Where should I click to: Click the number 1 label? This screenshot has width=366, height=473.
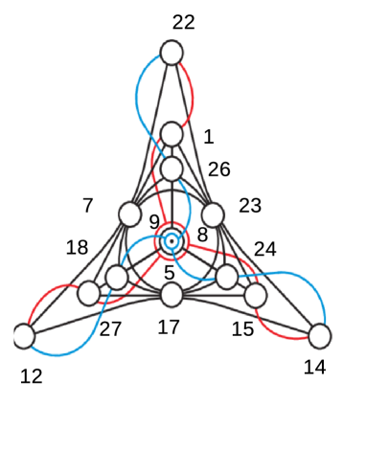click(x=209, y=137)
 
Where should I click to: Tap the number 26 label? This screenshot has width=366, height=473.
click(x=219, y=169)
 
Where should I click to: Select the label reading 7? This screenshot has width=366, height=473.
click(x=88, y=205)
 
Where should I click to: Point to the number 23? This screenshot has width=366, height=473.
click(x=250, y=206)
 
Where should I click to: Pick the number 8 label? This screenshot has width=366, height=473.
click(x=202, y=235)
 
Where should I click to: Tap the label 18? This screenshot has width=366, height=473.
click(x=78, y=248)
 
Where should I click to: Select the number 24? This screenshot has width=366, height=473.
click(x=265, y=249)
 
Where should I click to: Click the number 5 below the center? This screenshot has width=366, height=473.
click(x=170, y=274)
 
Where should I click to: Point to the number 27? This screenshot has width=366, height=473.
click(x=111, y=329)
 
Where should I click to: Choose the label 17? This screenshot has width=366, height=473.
click(x=169, y=327)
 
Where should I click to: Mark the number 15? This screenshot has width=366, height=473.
click(x=243, y=329)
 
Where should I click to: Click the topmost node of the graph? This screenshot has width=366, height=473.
click(x=172, y=52)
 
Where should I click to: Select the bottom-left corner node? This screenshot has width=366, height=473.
click(x=24, y=336)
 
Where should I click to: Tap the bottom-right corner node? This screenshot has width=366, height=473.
click(x=319, y=336)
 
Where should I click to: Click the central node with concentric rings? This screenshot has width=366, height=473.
click(x=172, y=241)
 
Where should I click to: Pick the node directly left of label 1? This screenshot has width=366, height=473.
click(x=172, y=133)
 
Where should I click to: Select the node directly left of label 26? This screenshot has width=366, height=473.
click(x=172, y=169)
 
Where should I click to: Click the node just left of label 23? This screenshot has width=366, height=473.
click(x=213, y=214)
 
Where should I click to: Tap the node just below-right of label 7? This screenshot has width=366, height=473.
click(x=129, y=214)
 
